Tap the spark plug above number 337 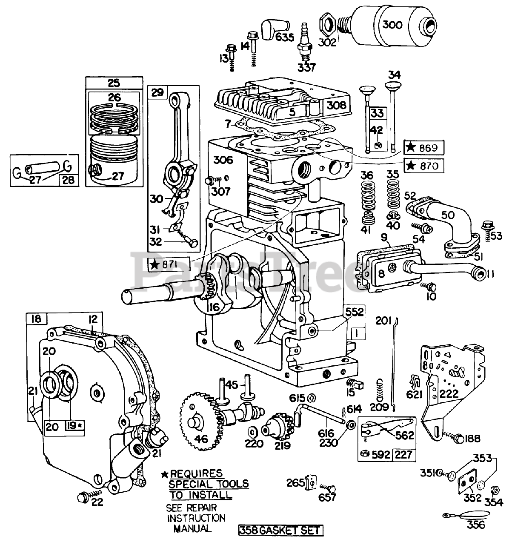tap(304, 42)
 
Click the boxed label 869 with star tap(423, 148)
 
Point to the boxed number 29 tap(157, 92)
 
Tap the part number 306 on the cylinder tap(223, 160)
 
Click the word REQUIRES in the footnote tap(196, 473)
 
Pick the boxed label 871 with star tap(169, 264)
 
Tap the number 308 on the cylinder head tap(337, 105)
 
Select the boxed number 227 tap(404, 455)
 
